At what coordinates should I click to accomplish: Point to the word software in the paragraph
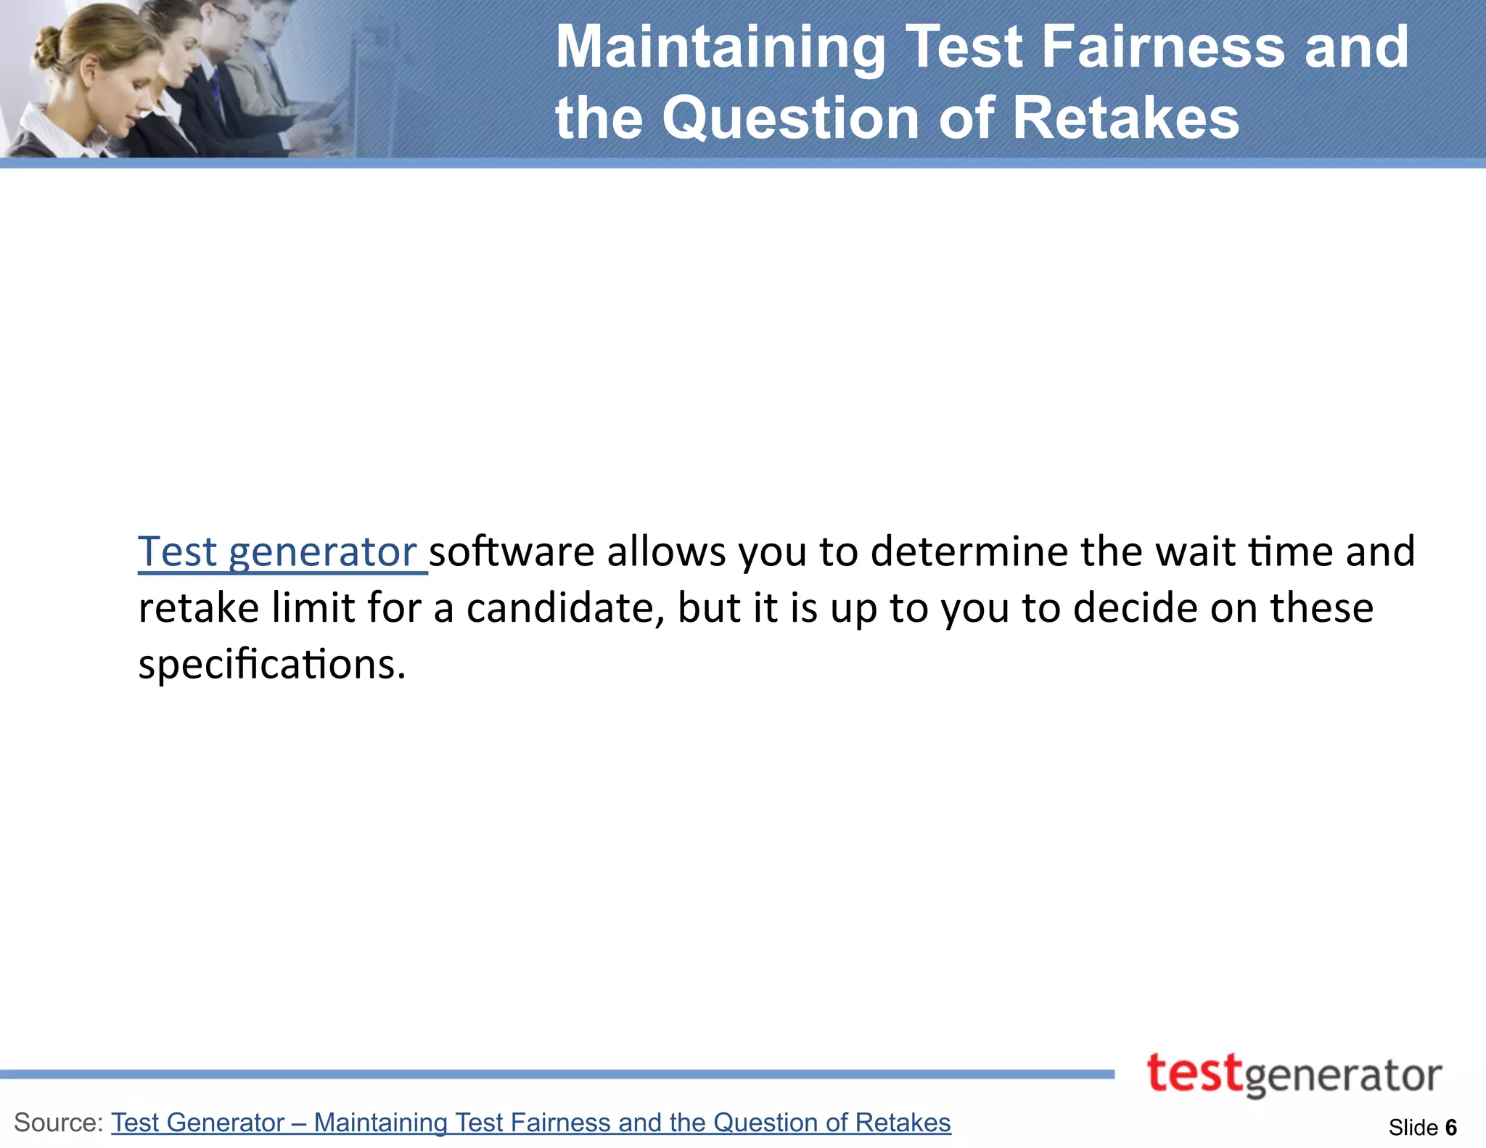coord(512,552)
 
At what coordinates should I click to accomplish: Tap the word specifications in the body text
coord(271,664)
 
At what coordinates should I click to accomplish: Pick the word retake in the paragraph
coord(198,607)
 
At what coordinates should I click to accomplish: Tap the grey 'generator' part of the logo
coord(1343,1078)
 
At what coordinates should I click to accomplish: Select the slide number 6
coord(1451,1128)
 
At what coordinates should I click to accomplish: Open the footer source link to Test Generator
coord(530,1123)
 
